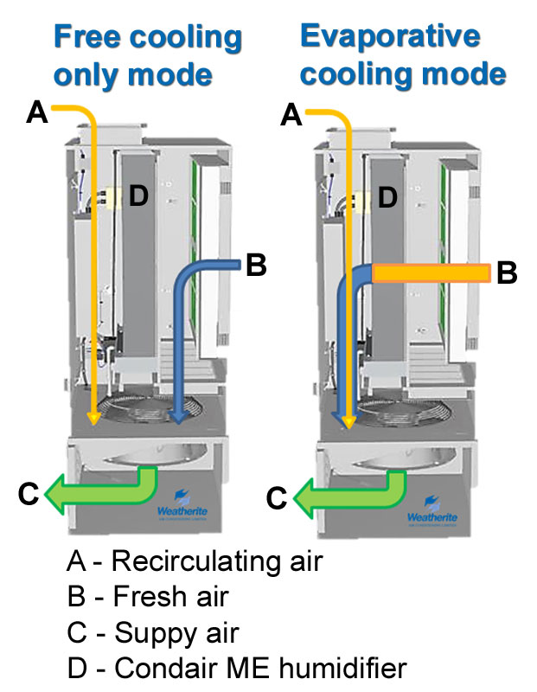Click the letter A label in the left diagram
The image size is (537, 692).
point(36,112)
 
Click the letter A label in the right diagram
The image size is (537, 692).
point(292,115)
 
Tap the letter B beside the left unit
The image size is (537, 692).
point(255,266)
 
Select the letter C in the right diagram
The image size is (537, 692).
point(277,497)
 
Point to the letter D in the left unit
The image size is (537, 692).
point(138,196)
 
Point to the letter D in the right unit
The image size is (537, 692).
point(387,198)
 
